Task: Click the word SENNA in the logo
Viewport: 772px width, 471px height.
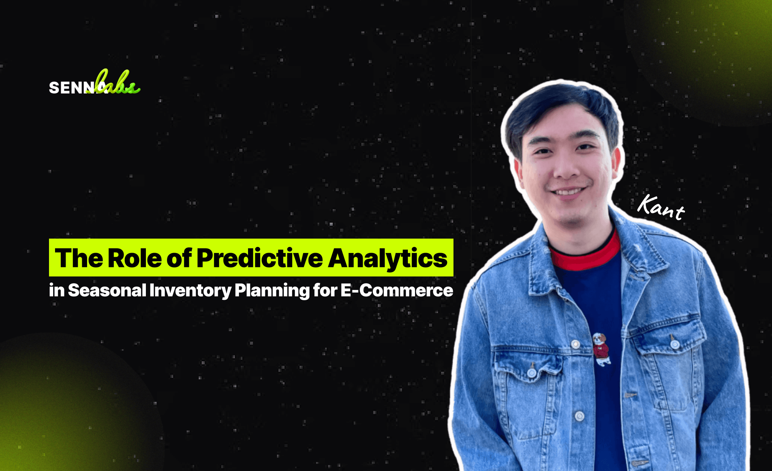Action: pyautogui.click(x=72, y=88)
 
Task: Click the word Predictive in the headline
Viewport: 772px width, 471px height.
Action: pyautogui.click(x=259, y=258)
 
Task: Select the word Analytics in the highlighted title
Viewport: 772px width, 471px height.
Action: pyautogui.click(x=388, y=258)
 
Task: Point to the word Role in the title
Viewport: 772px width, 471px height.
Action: pyautogui.click(x=135, y=258)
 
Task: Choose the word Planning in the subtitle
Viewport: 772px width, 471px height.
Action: pyautogui.click(x=271, y=290)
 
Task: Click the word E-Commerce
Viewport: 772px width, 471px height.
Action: pyautogui.click(x=397, y=290)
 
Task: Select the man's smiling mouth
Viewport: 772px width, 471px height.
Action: pyautogui.click(x=568, y=192)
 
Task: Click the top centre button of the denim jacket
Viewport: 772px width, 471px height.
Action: pyautogui.click(x=575, y=344)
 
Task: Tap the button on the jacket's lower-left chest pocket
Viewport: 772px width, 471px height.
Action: pyautogui.click(x=532, y=373)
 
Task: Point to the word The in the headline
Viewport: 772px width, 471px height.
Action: pyautogui.click(x=79, y=258)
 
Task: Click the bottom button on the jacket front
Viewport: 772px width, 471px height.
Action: pyautogui.click(x=579, y=416)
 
